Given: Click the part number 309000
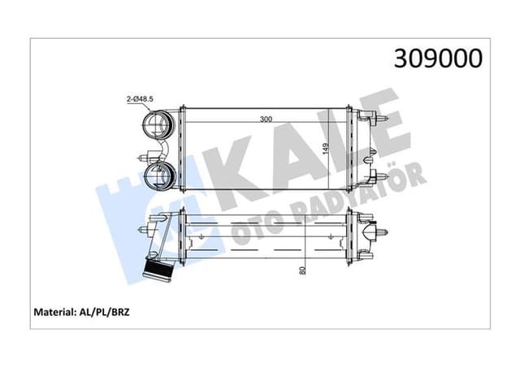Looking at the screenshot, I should (438, 58).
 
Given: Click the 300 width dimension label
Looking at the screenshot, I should (266, 119).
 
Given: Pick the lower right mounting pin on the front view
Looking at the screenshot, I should (378, 176).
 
